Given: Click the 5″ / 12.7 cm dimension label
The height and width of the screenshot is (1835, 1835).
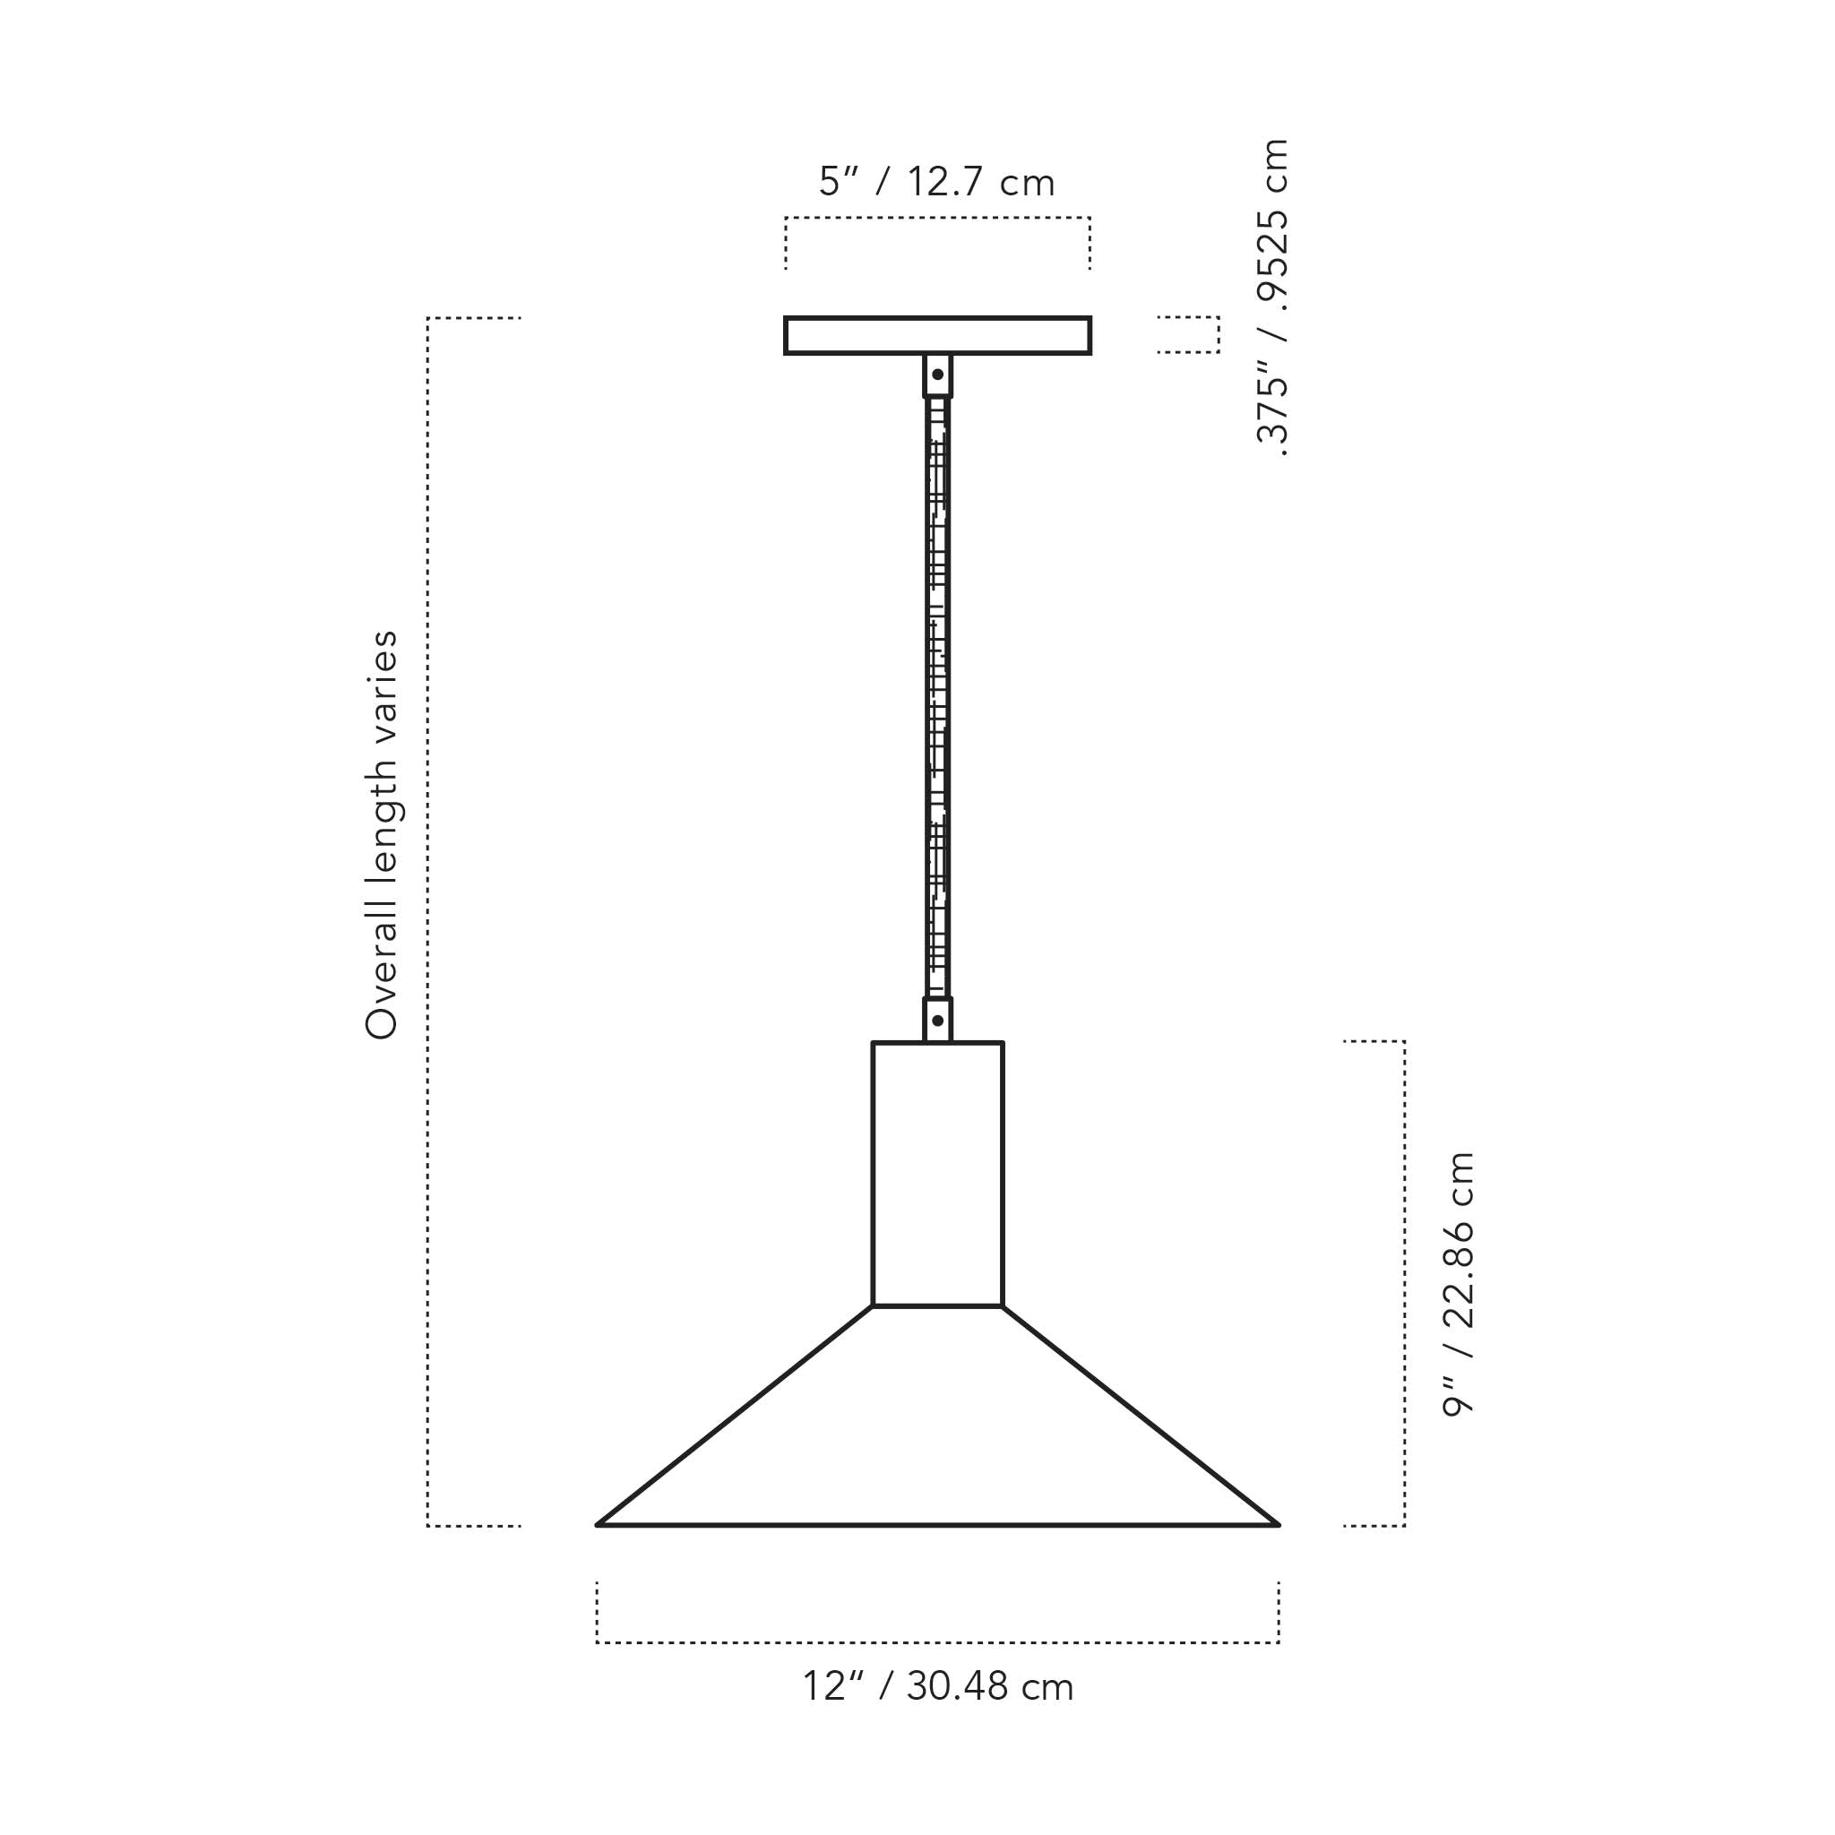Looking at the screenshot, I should coord(936,183).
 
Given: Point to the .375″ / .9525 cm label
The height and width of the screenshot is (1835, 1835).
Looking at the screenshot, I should coord(1271,298).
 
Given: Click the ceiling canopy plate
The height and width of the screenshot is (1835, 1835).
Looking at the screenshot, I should coord(937,335).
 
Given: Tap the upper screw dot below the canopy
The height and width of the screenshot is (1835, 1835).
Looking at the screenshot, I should coord(937,375).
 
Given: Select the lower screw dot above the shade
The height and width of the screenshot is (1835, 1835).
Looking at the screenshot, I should coord(937,1021).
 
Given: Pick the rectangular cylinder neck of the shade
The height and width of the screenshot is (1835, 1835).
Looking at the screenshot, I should coord(937,1174).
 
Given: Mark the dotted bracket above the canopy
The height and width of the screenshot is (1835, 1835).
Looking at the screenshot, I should coord(937,219).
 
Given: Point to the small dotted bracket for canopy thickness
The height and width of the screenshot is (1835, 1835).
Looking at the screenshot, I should coord(1218,334).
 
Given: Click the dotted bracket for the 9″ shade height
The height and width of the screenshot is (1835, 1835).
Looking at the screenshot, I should coord(1404,1282).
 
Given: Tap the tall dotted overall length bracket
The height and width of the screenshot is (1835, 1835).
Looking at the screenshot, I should coord(428,921).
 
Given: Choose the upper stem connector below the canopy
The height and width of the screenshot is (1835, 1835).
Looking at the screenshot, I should coord(937,376).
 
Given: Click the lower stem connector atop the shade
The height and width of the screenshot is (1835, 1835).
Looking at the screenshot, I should coord(937,1019).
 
